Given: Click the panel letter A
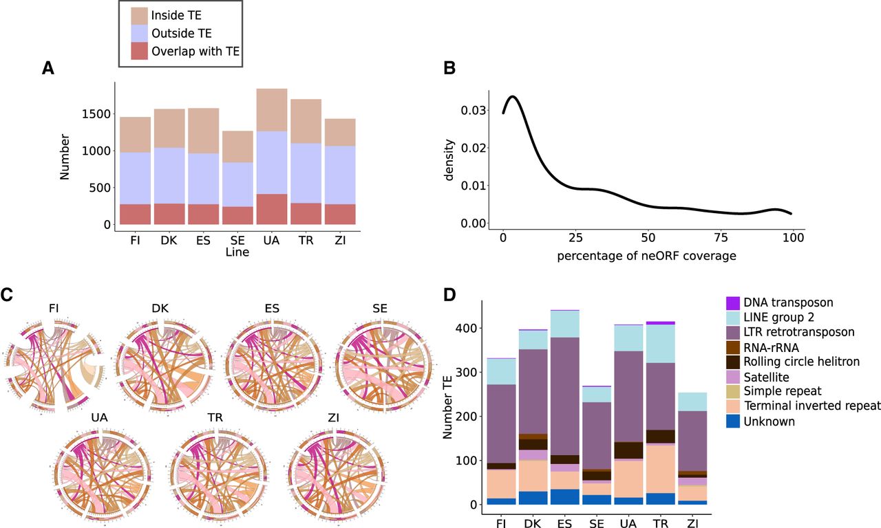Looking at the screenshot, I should pos(47,68).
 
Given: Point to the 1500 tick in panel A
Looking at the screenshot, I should pos(96,113).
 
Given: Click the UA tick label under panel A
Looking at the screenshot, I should pos(270,240).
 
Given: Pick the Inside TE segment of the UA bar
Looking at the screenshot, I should pos(270,110).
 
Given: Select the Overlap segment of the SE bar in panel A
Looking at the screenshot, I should pos(237,215).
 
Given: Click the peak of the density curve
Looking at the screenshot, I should pos(512,97).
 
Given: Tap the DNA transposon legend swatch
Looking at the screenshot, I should pos(733,302).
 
